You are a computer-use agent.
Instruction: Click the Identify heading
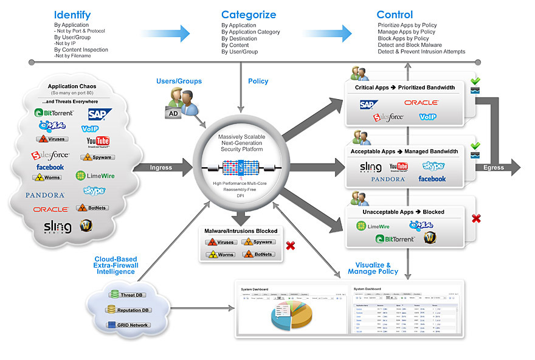(x=72, y=15)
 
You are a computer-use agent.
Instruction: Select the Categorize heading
(x=248, y=15)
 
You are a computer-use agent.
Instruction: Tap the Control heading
(x=395, y=15)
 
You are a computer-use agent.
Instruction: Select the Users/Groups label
(x=179, y=81)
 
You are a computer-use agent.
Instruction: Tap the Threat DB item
(x=129, y=294)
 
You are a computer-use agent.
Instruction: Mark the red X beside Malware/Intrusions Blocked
(x=291, y=246)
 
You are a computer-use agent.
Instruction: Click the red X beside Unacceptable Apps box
(x=476, y=218)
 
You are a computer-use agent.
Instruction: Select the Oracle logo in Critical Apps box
(x=421, y=103)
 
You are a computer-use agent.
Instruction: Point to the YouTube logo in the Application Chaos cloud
(x=98, y=142)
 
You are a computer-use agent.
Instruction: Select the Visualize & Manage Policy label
(x=373, y=268)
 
